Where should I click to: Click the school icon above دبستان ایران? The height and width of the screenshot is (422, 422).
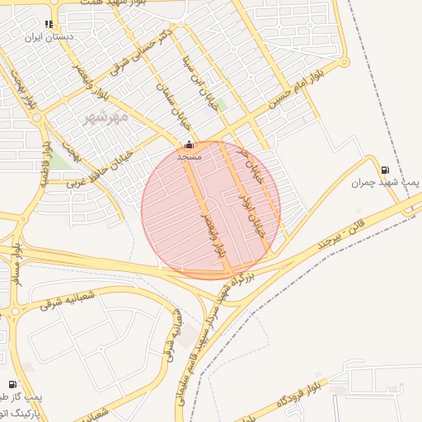click(49, 24)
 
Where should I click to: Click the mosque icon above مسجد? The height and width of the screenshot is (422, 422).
click(190, 145)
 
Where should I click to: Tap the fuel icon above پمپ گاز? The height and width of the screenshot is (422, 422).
click(12, 384)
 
